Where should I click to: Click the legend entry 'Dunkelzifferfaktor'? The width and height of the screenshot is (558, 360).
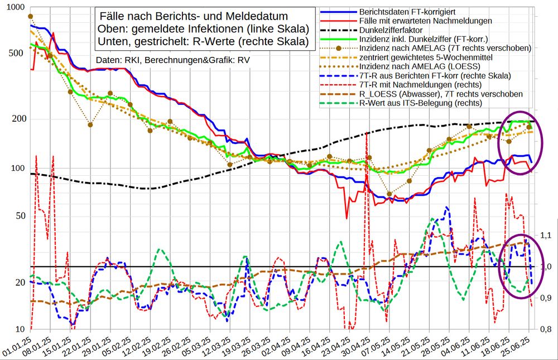click(x=391, y=30)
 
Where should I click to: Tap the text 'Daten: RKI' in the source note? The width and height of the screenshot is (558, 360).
click(x=118, y=60)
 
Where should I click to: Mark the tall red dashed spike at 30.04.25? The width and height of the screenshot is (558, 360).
click(x=367, y=137)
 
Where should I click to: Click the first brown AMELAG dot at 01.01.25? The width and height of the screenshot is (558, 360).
click(x=30, y=17)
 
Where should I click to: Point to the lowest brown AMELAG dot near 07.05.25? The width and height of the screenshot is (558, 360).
click(x=389, y=194)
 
